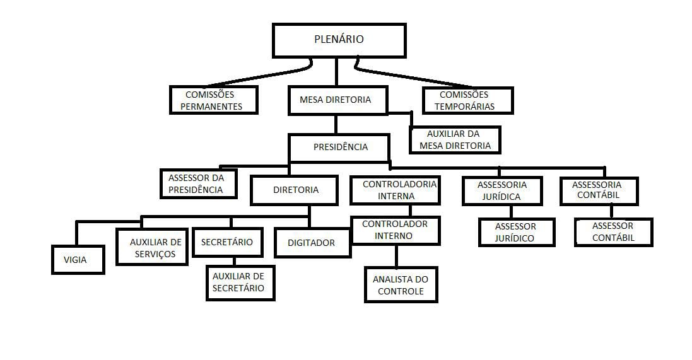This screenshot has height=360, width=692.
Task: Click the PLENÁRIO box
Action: tap(339, 40)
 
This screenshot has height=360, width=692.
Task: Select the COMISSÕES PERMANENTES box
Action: tap(214, 100)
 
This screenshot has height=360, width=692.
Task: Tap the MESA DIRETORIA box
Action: tap(337, 100)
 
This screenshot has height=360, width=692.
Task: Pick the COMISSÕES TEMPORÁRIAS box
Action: tap(467, 100)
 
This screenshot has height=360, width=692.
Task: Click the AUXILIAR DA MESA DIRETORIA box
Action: tap(454, 140)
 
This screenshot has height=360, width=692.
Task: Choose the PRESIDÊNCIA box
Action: tap(340, 148)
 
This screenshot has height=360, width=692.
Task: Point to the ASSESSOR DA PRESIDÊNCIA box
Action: tap(198, 183)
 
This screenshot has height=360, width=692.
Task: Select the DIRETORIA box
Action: tap(295, 190)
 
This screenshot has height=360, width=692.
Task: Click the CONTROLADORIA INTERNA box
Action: tap(395, 190)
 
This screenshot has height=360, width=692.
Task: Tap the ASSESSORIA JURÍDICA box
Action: tap(501, 190)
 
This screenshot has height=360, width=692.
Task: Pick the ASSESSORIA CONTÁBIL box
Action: tap(599, 190)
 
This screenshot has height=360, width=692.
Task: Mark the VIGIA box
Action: tap(78, 259)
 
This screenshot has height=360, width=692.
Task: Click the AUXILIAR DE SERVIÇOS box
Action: tap(152, 247)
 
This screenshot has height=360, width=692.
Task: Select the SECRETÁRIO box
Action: tap(227, 242)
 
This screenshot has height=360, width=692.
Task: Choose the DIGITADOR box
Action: tap(313, 243)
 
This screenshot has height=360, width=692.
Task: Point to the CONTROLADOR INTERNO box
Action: tap(395, 230)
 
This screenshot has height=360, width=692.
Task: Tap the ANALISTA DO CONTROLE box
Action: tap(401, 284)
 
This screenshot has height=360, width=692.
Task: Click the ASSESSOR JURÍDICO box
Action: tap(517, 232)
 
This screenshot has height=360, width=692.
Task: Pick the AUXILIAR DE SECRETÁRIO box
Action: tap(240, 282)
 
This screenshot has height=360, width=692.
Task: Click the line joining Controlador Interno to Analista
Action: tap(396, 256)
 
